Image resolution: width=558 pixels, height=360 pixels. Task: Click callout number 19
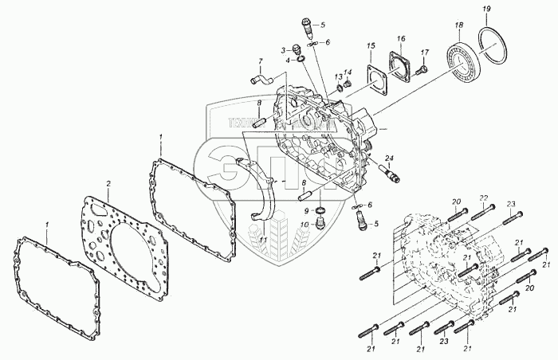pos(485,9)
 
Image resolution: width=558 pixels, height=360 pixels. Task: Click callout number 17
pos(425,53)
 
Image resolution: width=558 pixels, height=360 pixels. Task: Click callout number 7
pos(260,61)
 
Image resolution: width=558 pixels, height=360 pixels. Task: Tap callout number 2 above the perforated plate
pos(108,184)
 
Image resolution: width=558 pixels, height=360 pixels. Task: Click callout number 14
pos(348,72)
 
